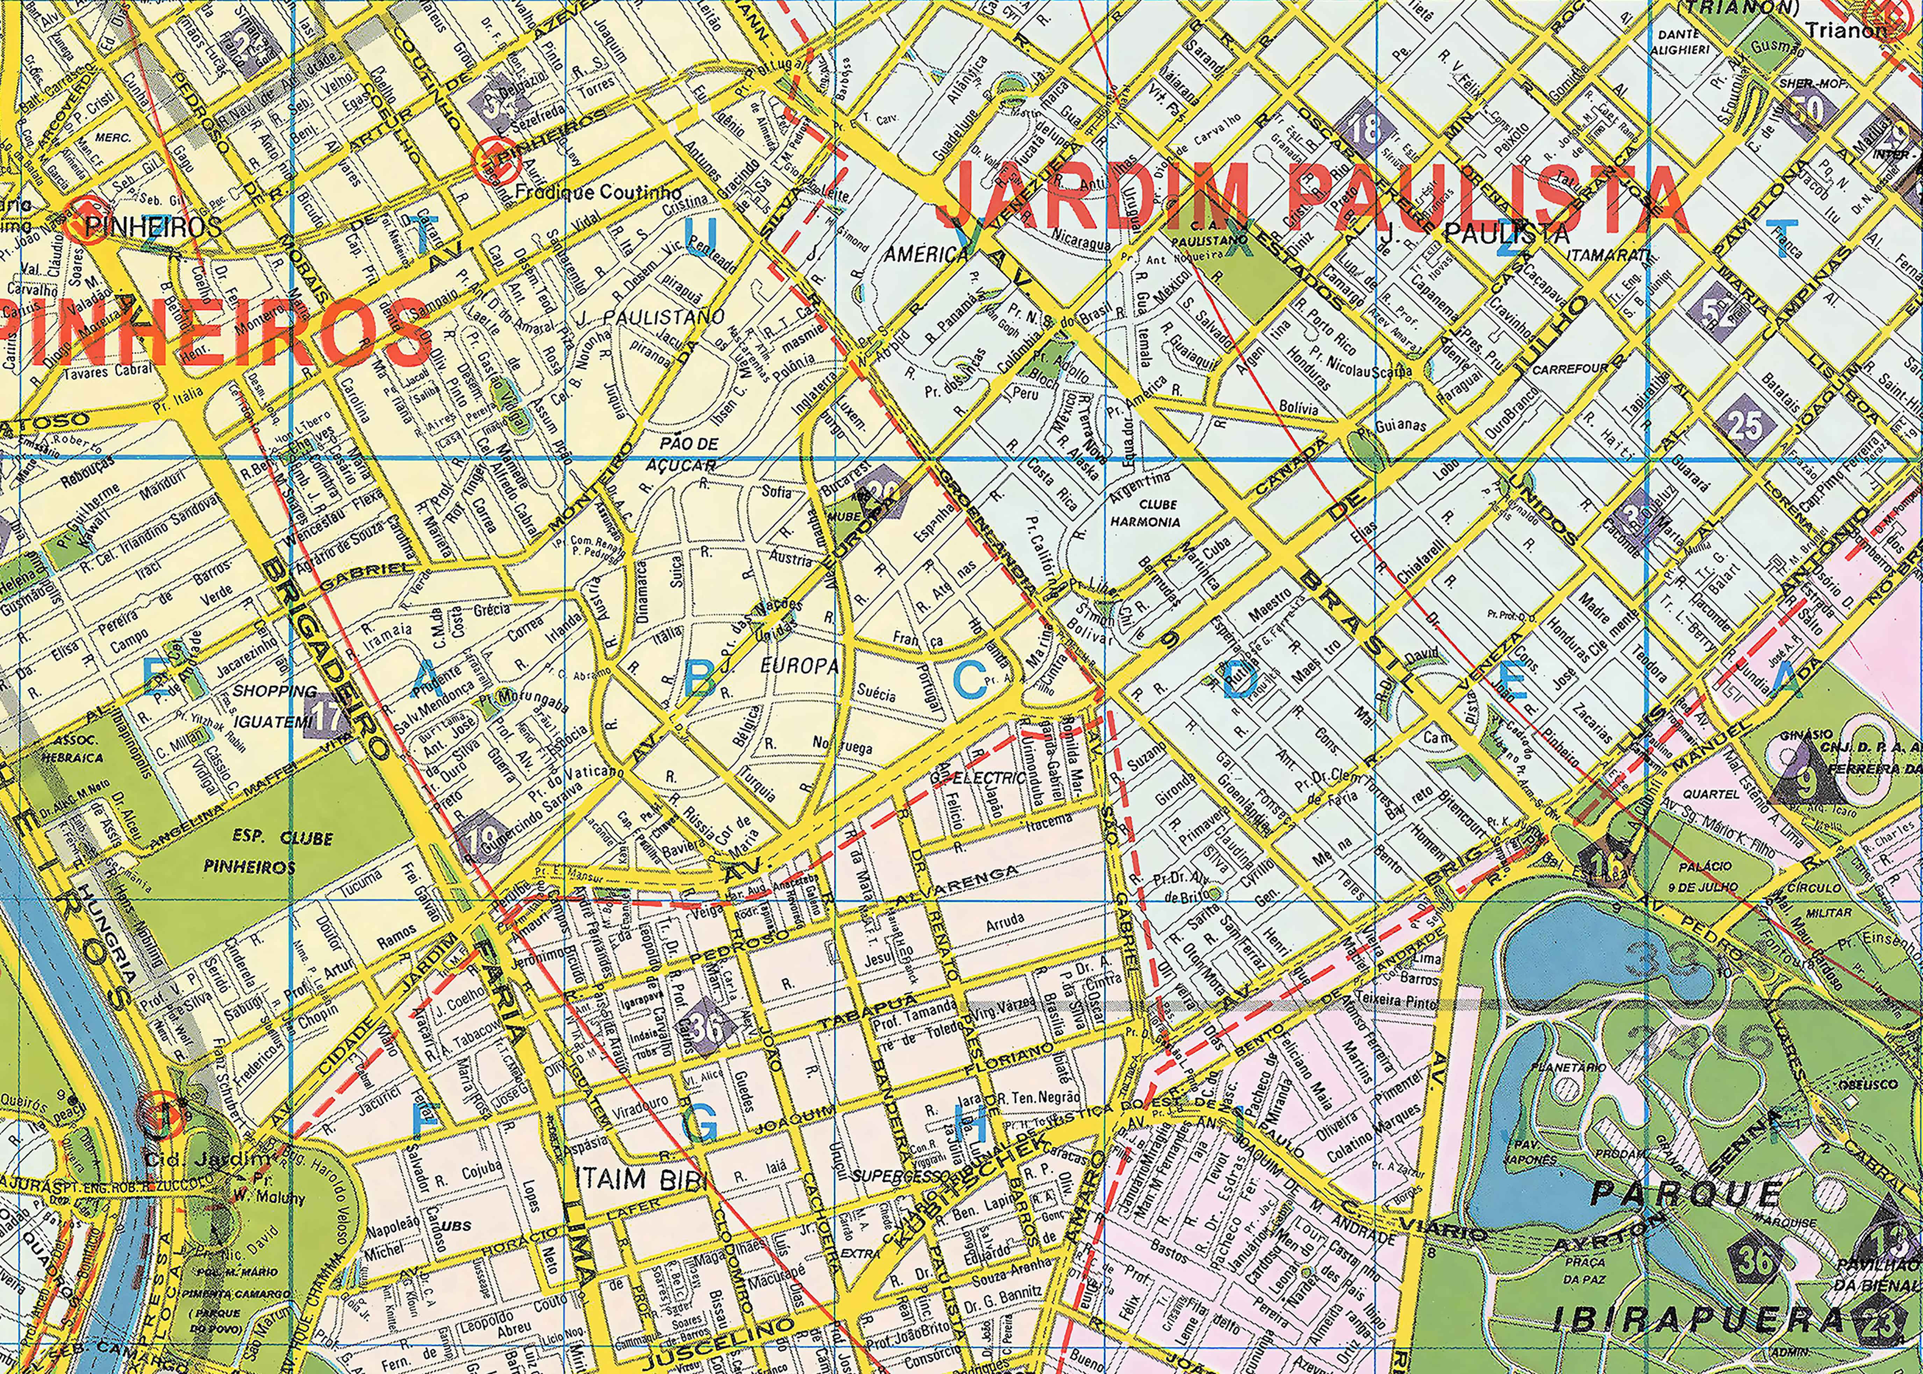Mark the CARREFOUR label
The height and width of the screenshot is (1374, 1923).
pyautogui.click(x=1569, y=369)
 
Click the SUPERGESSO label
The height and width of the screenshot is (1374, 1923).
pyautogui.click(x=891, y=1176)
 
